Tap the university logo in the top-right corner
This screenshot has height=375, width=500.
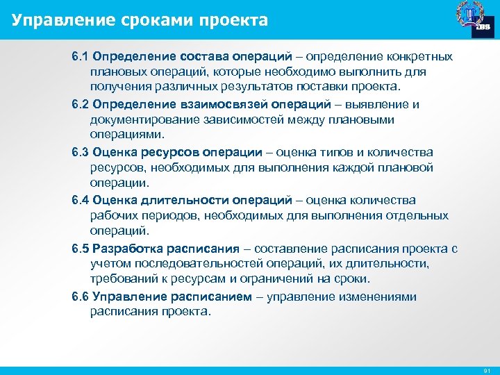[474, 19]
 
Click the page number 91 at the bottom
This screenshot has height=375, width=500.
[486, 369]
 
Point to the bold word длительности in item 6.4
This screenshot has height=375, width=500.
[183, 200]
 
